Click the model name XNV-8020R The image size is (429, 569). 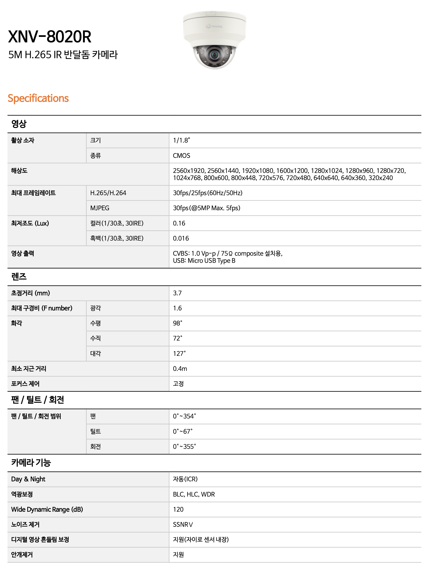point(50,37)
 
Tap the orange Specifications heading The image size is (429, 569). point(38,98)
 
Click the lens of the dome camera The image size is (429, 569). point(214,55)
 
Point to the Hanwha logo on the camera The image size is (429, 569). point(214,26)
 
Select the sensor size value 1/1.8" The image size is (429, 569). point(181,140)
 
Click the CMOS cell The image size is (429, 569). point(182,156)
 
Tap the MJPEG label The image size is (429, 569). point(100,208)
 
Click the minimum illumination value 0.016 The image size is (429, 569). point(181,238)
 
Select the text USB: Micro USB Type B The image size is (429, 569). point(204,261)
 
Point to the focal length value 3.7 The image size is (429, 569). point(177,293)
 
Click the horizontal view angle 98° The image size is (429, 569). point(177,323)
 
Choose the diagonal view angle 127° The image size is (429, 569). point(179,354)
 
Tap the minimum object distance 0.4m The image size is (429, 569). point(180,369)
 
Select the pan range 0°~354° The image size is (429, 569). point(184,416)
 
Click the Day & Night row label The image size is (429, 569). point(28,479)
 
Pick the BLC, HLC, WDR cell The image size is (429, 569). point(194,494)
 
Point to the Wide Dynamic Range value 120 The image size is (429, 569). point(178,510)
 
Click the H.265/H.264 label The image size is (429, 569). point(108,193)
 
